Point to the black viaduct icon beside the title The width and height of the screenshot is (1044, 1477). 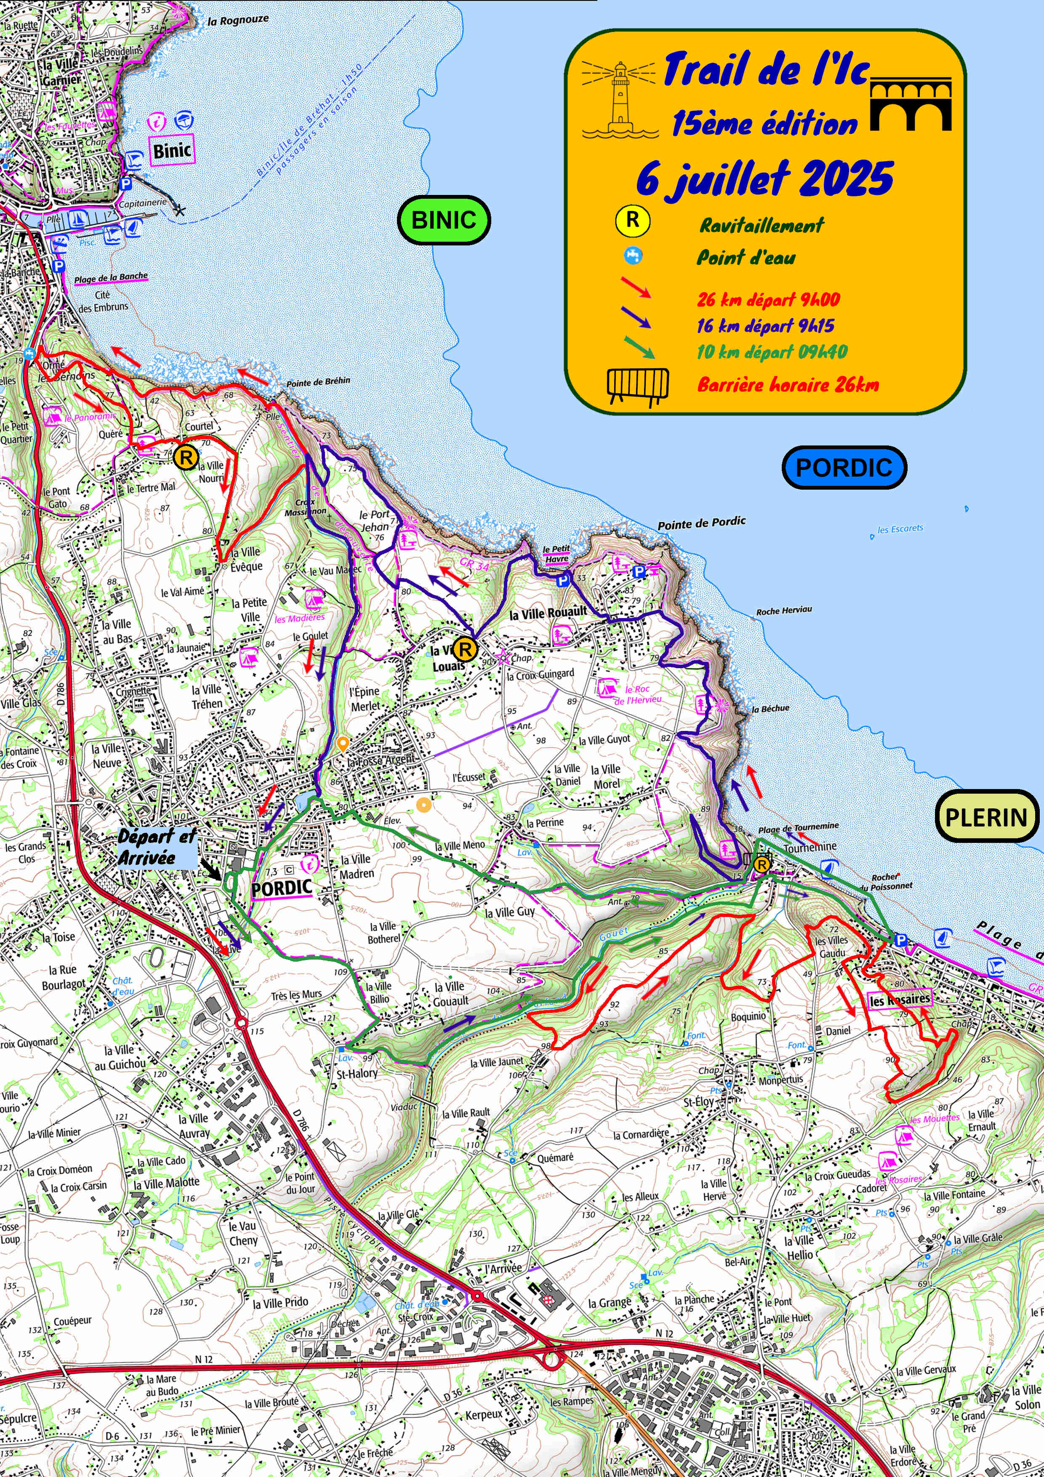[x=910, y=104]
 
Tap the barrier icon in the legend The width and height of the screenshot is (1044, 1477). [x=637, y=386]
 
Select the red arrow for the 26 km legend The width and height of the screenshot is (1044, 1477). [x=636, y=287]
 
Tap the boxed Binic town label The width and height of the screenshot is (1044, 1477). [x=172, y=151]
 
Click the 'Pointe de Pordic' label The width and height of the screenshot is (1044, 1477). [x=701, y=523]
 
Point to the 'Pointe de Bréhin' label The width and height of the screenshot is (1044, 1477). [x=318, y=382]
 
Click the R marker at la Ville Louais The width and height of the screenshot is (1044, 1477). [x=464, y=649]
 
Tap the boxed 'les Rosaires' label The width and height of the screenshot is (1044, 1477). [x=899, y=1000]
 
